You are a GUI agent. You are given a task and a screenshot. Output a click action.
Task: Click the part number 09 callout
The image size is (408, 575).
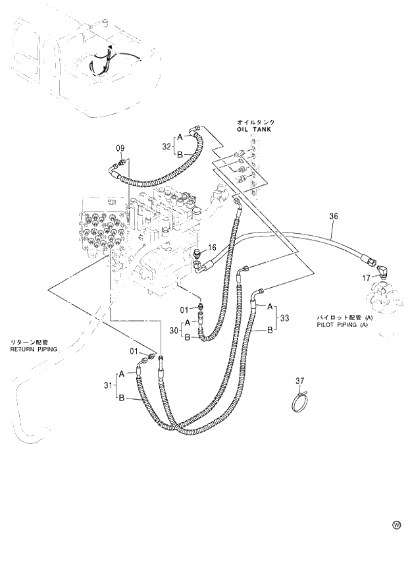(x=120, y=148)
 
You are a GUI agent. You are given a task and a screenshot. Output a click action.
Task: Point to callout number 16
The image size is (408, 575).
(x=212, y=248)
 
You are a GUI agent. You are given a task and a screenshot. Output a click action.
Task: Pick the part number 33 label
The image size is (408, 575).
(x=285, y=318)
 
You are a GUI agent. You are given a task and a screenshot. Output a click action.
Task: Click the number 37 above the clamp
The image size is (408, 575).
(x=300, y=381)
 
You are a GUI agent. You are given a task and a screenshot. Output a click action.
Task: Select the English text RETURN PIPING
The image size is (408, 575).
(x=34, y=349)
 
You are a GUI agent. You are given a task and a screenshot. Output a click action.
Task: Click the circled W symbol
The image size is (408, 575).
(x=396, y=525)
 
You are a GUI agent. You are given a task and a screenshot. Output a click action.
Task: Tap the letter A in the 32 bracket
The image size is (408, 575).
(x=179, y=136)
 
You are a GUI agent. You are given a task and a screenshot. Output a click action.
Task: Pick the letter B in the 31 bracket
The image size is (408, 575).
(x=122, y=397)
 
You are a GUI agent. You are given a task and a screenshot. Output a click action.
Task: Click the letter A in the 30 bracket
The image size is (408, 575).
(x=188, y=322)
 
